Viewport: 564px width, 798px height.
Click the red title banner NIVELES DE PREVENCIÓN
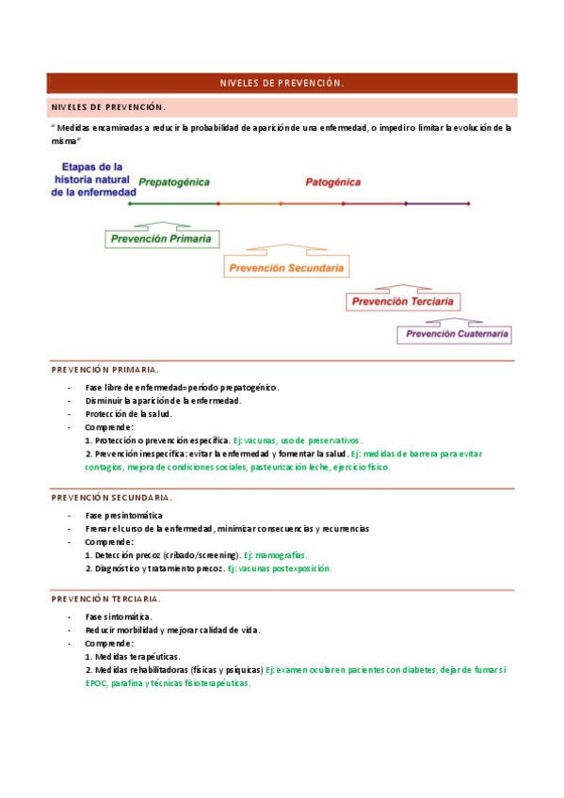tap(282, 83)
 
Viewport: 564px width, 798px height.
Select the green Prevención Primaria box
tap(160, 239)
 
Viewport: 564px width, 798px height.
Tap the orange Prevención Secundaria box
tap(285, 268)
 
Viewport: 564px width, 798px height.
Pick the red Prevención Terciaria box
tap(403, 302)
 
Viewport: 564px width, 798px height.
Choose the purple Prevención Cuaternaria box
tap(457, 333)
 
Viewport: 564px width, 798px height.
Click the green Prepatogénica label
tap(174, 182)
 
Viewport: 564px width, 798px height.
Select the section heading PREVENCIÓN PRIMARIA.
tap(105, 370)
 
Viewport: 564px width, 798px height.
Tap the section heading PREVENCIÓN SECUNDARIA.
tap(111, 497)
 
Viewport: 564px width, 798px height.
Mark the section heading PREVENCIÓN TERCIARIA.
tap(105, 598)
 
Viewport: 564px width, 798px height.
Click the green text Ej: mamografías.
tap(275, 555)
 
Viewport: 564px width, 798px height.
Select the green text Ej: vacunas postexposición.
tap(280, 568)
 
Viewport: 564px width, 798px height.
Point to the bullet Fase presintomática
tap(123, 516)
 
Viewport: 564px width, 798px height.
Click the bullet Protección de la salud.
tap(128, 413)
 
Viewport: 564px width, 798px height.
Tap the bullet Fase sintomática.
tap(119, 616)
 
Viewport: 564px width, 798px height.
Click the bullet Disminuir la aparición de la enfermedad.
tap(163, 400)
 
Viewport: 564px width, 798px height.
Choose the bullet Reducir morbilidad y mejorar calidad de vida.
tap(172, 630)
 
